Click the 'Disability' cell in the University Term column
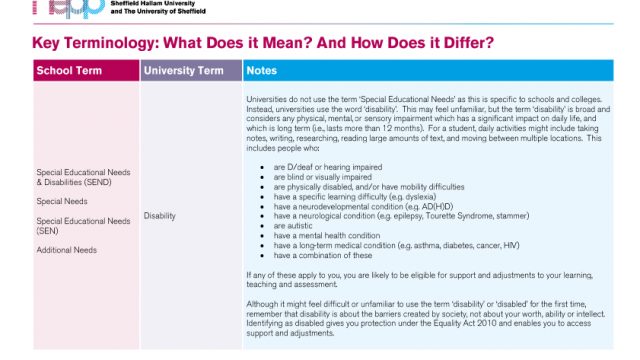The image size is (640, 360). (x=160, y=215)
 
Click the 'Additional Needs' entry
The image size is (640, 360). (x=66, y=249)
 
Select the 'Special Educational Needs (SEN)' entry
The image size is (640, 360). (x=83, y=225)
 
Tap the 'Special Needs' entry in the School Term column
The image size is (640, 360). (x=62, y=201)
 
